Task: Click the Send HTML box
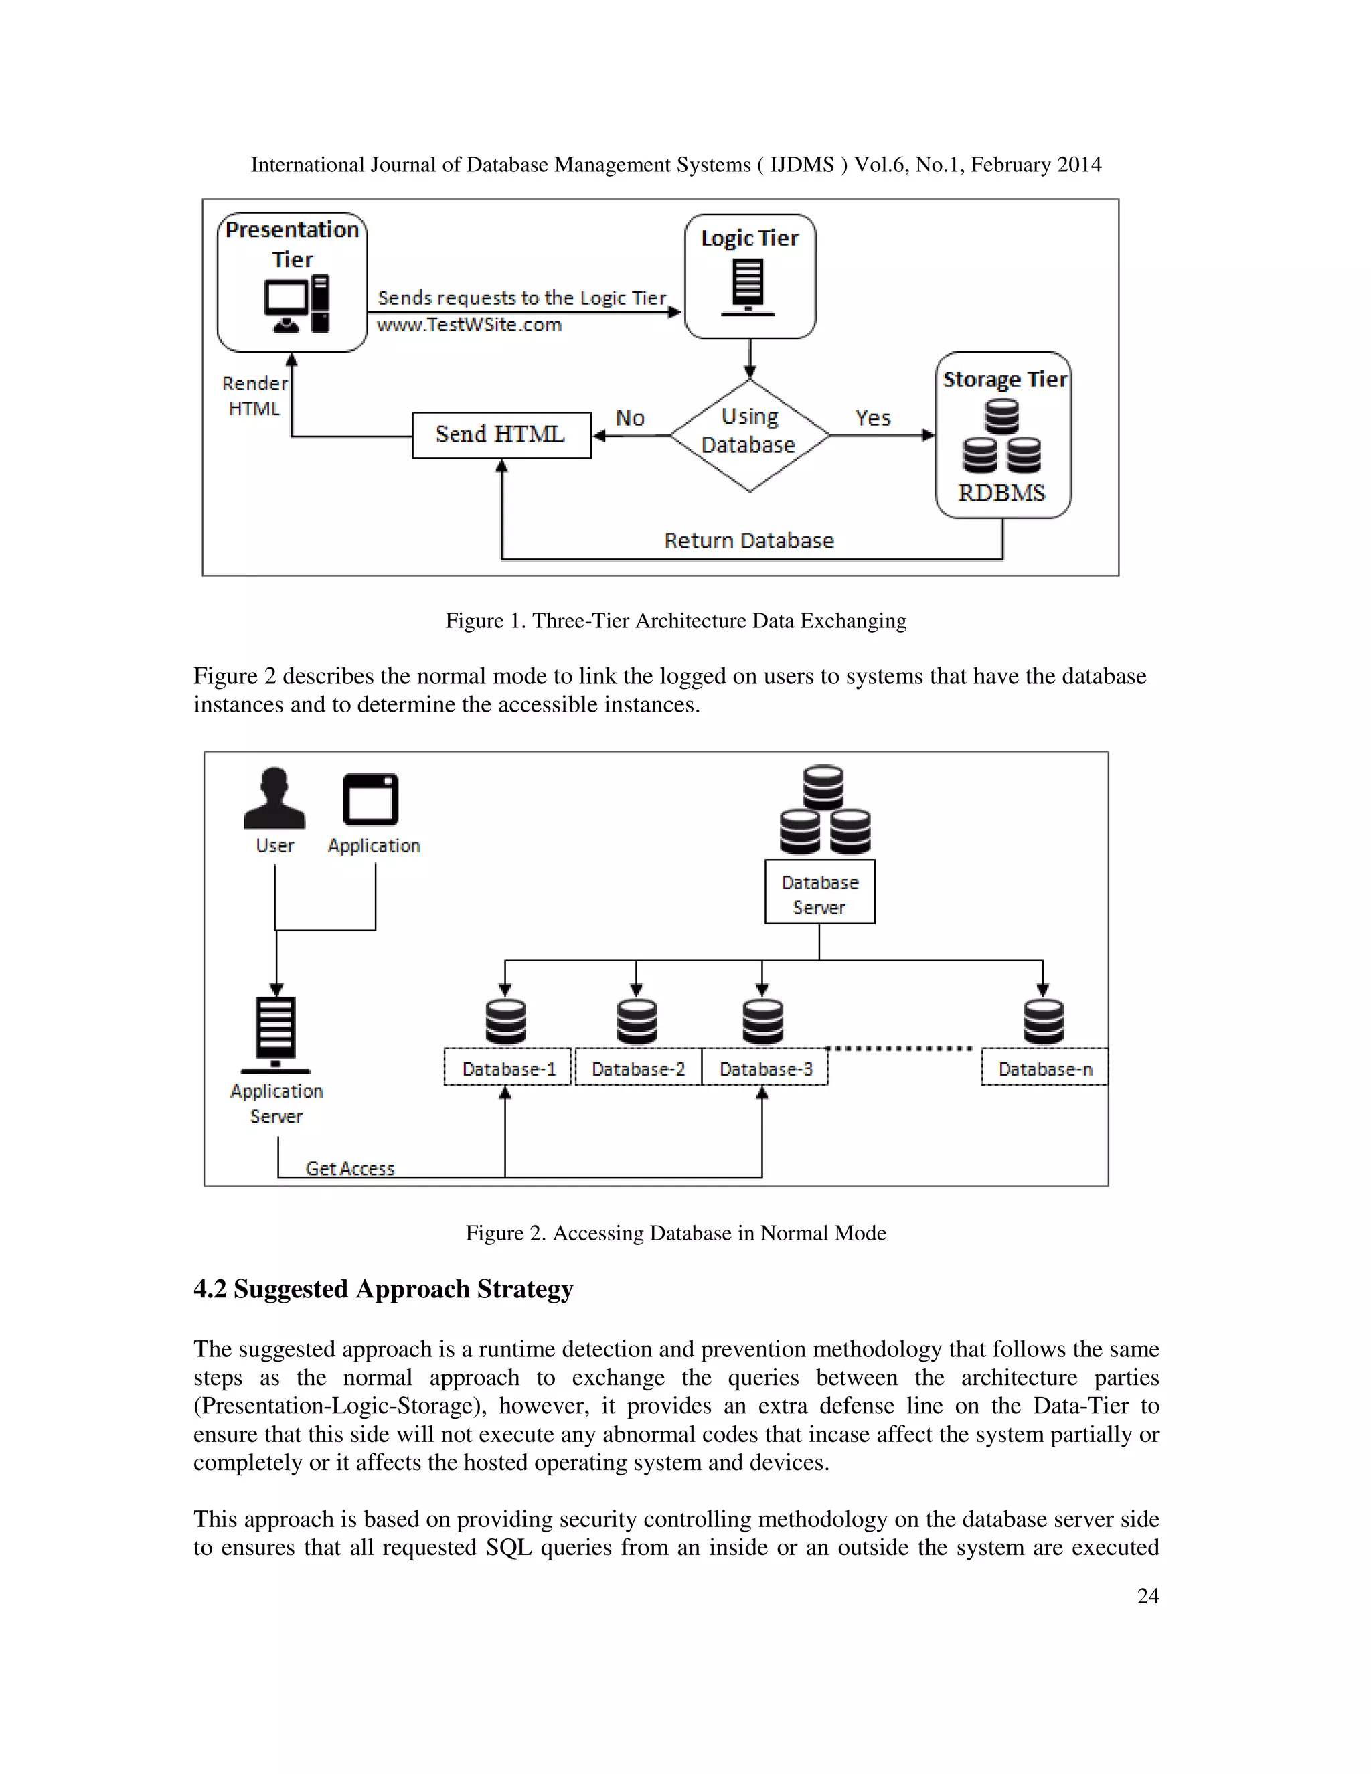pyautogui.click(x=501, y=434)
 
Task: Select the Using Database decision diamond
pyautogui.click(x=749, y=434)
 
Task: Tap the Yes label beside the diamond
pyautogui.click(x=872, y=418)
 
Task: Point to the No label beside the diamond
pyautogui.click(x=629, y=418)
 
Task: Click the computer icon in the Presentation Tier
pyautogui.click(x=297, y=305)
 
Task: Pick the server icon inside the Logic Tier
pyautogui.click(x=748, y=287)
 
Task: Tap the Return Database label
pyautogui.click(x=749, y=540)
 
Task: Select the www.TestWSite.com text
pyautogui.click(x=469, y=325)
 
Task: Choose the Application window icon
pyautogui.click(x=371, y=799)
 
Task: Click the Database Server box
pyautogui.click(x=819, y=892)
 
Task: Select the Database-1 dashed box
pyautogui.click(x=507, y=1067)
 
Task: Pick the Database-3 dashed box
pyautogui.click(x=765, y=1067)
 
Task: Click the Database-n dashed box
pyautogui.click(x=1044, y=1067)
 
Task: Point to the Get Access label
pyautogui.click(x=350, y=1168)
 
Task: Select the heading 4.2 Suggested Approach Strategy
pyautogui.click(x=384, y=1289)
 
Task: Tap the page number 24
pyautogui.click(x=1147, y=1595)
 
